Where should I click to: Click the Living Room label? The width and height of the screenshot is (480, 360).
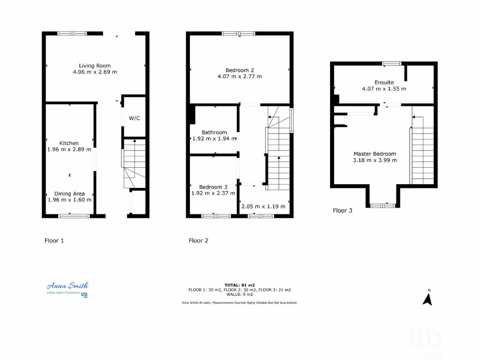tap(95, 66)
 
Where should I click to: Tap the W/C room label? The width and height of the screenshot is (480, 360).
tap(134, 118)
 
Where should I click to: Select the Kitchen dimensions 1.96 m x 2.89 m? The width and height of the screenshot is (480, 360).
tap(69, 150)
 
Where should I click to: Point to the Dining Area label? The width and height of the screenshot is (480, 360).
tap(69, 193)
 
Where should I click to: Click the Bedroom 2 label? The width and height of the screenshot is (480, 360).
tap(240, 69)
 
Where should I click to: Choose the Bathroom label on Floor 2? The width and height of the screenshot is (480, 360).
tap(214, 132)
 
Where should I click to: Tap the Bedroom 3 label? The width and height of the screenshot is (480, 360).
tap(213, 187)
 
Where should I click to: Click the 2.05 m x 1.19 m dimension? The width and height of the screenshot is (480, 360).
tap(262, 206)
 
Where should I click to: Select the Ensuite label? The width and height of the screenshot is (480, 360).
tap(384, 82)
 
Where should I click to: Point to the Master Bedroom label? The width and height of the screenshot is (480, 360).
tap(375, 154)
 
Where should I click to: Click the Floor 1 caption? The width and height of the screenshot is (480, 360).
tap(54, 240)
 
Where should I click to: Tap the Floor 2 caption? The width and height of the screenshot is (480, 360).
tap(198, 240)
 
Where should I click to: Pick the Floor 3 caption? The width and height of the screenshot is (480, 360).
tap(342, 210)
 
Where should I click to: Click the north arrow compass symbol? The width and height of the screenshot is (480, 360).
tap(427, 298)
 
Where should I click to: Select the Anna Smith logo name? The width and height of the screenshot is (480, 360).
tap(67, 285)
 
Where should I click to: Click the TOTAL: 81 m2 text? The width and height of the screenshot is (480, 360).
tap(239, 285)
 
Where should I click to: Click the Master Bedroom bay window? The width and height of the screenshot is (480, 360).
tap(383, 205)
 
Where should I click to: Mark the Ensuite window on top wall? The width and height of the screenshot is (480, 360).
tap(391, 63)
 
